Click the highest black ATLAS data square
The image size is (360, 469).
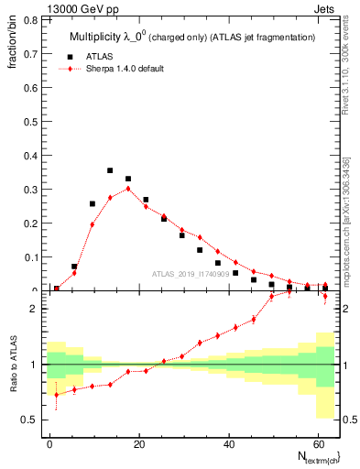point(110,170)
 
